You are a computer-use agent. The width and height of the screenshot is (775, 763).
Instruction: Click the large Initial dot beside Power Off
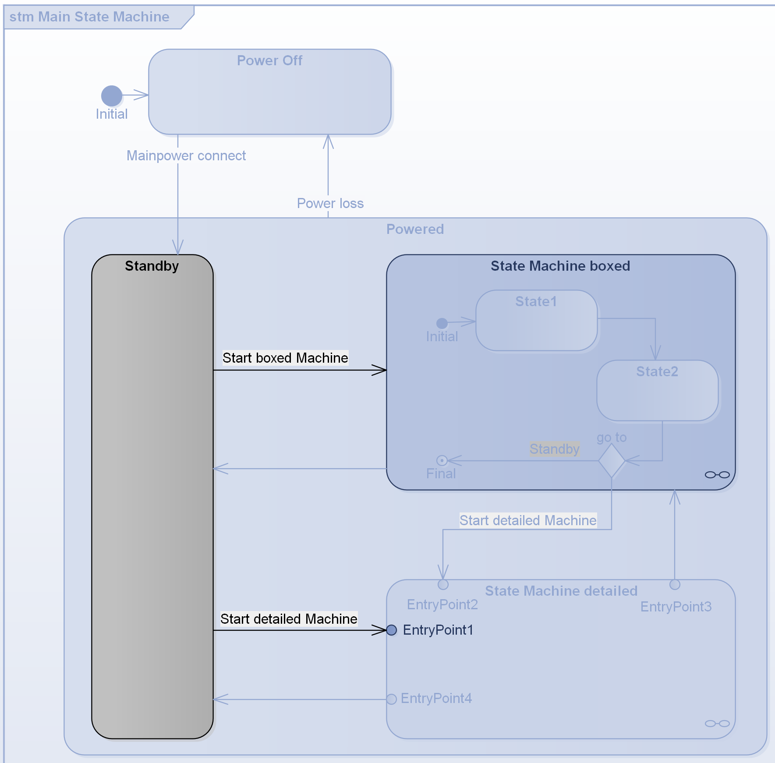pyautogui.click(x=112, y=95)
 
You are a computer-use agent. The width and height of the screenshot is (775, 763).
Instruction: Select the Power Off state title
pyautogui.click(x=269, y=60)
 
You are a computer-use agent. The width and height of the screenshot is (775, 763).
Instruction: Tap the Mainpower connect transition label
pyautogui.click(x=186, y=155)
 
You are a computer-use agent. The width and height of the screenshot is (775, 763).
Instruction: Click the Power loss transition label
pyautogui.click(x=330, y=203)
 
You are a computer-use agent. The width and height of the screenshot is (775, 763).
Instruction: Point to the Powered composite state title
pyautogui.click(x=415, y=229)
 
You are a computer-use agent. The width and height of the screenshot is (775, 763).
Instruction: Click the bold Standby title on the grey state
pyautogui.click(x=152, y=266)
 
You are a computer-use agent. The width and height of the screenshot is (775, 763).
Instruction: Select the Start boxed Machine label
pyautogui.click(x=285, y=358)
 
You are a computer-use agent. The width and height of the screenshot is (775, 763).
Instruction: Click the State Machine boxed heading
pyautogui.click(x=560, y=266)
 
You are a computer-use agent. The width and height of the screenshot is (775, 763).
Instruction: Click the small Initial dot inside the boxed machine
pyautogui.click(x=442, y=323)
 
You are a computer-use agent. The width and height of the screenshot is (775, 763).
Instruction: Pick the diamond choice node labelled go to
pyautogui.click(x=612, y=461)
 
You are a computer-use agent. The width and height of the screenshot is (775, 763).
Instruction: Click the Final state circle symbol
pyautogui.click(x=442, y=460)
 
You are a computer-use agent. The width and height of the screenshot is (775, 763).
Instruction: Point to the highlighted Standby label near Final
pyautogui.click(x=554, y=449)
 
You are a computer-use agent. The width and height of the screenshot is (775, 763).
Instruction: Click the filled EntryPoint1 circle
pyautogui.click(x=392, y=630)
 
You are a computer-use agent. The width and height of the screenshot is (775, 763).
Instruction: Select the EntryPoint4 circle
pyautogui.click(x=392, y=699)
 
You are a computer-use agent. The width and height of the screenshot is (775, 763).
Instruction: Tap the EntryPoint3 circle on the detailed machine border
pyautogui.click(x=675, y=584)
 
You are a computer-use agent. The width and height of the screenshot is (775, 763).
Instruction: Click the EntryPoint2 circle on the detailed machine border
pyautogui.click(x=443, y=584)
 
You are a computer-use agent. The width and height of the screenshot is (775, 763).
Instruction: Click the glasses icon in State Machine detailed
pyautogui.click(x=717, y=723)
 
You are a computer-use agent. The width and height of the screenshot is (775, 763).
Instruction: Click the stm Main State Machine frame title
pyautogui.click(x=89, y=17)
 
